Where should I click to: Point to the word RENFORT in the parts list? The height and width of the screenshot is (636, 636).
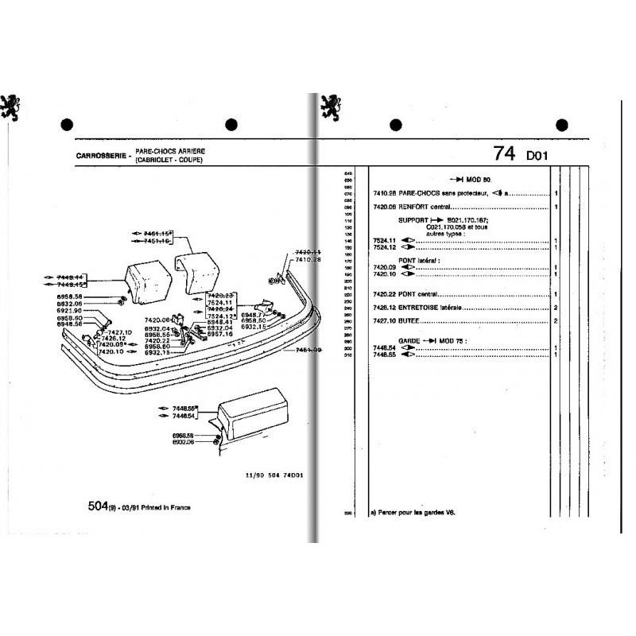point(417,207)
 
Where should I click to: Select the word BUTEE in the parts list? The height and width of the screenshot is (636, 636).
point(411,322)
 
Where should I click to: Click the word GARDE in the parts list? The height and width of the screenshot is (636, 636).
point(410,339)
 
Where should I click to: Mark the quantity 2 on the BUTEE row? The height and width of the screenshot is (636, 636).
point(556,322)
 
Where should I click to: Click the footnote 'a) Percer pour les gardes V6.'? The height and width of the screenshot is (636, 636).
point(418,513)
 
